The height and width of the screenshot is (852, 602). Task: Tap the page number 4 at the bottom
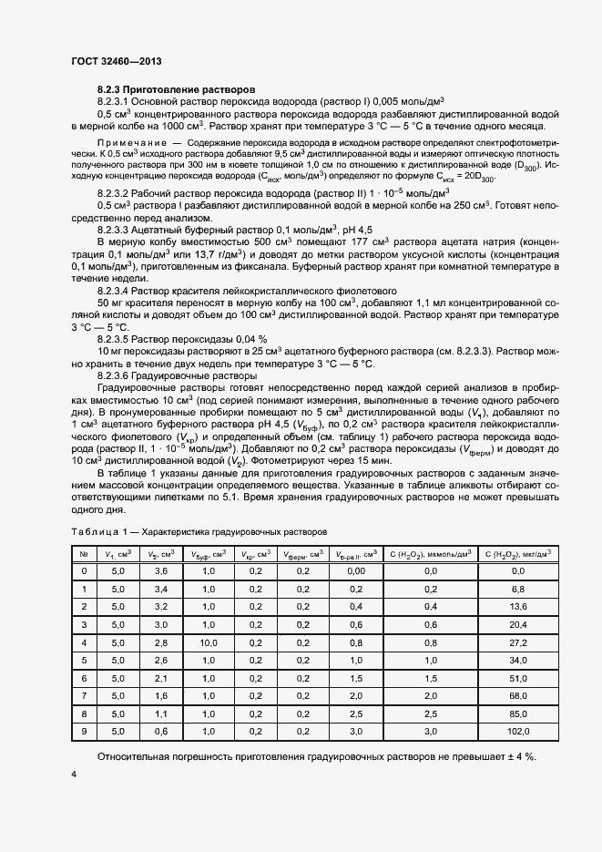point(73,775)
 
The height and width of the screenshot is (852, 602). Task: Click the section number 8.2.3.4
point(122,288)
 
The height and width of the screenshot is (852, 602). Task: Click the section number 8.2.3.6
point(122,375)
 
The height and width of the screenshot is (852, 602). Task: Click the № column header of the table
point(84,553)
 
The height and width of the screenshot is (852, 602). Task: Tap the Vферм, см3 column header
point(303,553)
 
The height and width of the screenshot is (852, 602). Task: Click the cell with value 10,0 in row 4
point(208,642)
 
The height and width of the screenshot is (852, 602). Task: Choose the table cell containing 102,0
point(517,731)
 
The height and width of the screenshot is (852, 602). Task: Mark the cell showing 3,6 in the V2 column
point(161,571)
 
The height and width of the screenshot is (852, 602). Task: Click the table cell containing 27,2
point(517,642)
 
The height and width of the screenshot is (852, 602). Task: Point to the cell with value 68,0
point(517,695)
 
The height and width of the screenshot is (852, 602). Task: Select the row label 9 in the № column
point(84,731)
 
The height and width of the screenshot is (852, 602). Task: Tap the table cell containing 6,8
point(517,590)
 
